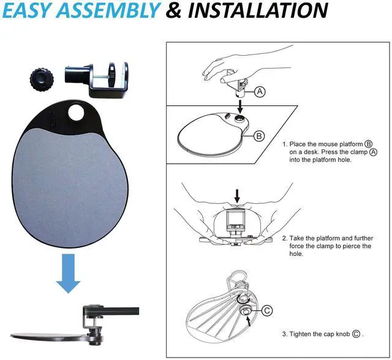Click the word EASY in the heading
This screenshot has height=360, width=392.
point(31,10)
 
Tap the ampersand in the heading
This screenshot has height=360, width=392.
point(174,10)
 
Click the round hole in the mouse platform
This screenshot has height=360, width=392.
point(78,113)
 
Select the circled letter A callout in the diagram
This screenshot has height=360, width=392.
point(260,92)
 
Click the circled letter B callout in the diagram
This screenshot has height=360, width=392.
point(259,136)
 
